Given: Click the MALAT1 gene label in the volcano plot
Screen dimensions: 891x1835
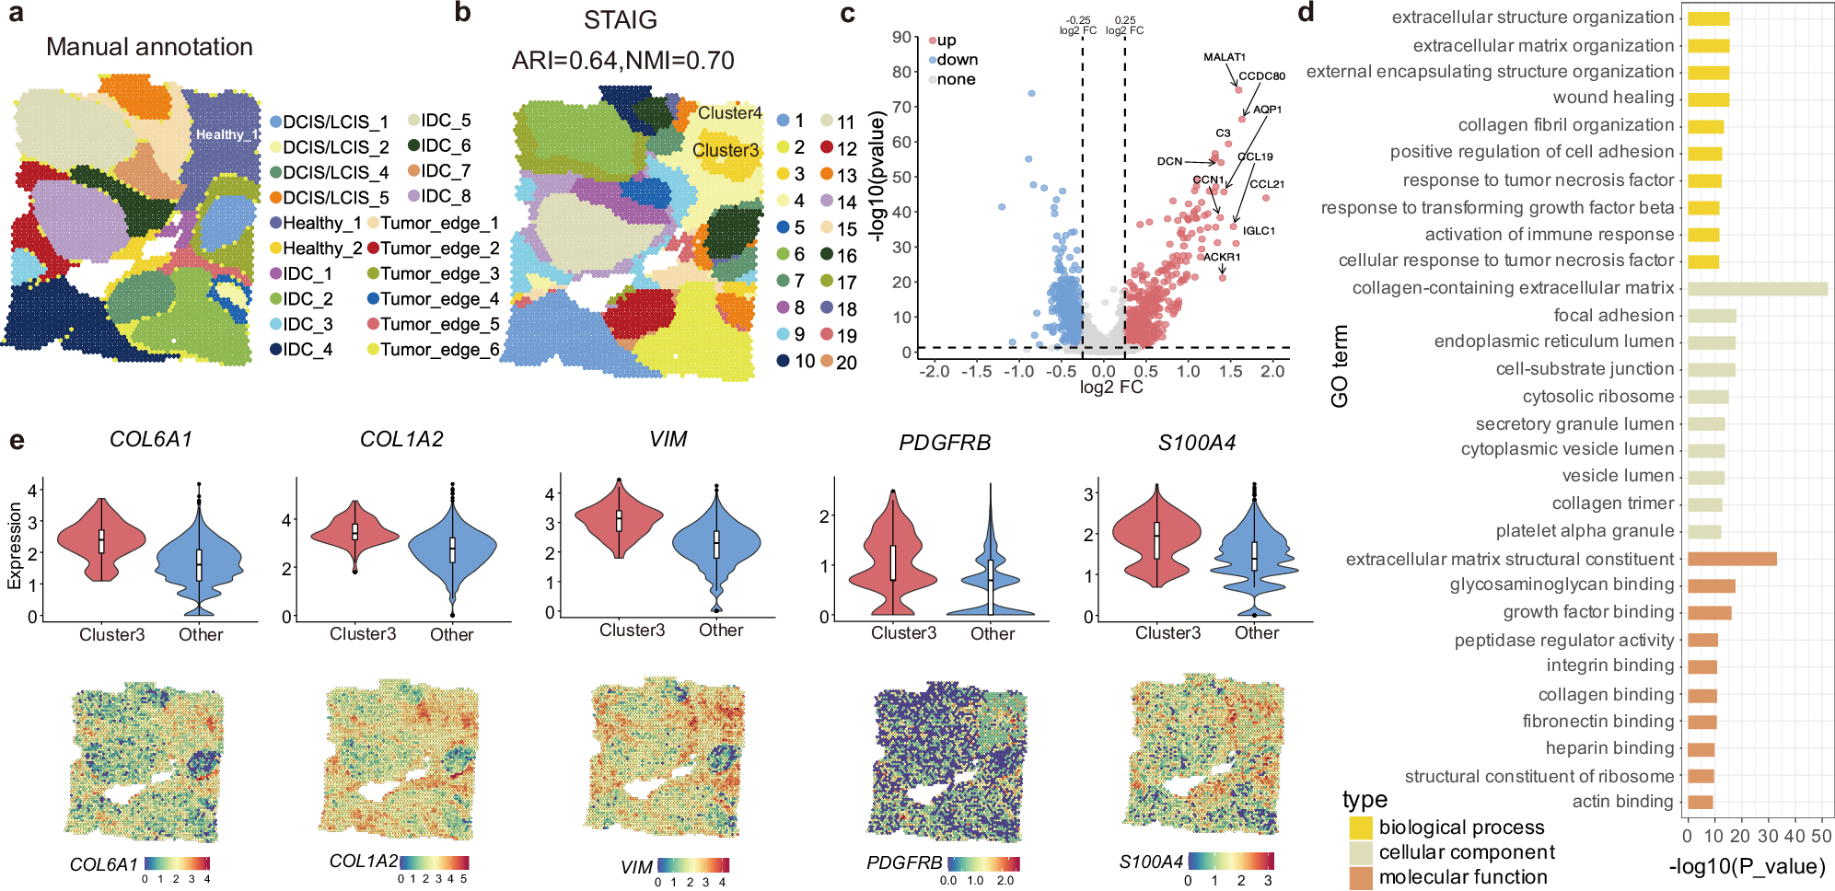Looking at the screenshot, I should coord(1224,57).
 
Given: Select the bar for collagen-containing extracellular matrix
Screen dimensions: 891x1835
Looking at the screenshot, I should coord(1757,288).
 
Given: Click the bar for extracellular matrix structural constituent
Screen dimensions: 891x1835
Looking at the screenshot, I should coord(1731,559).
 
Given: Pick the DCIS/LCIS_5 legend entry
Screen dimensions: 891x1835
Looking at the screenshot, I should coord(329,198).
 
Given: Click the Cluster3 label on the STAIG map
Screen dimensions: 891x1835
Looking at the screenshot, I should coord(726,150).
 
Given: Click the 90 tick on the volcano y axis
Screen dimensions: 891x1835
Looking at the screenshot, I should coord(901,38).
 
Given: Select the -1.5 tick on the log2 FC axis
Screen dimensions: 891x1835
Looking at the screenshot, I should coord(976,371).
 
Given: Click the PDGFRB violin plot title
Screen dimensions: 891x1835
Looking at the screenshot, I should coord(945,443).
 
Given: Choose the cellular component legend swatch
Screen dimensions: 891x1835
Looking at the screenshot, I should coord(1361,853).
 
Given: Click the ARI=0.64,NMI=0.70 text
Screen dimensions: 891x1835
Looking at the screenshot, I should coord(622,61).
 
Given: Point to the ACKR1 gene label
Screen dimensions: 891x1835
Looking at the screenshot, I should coord(1222,257).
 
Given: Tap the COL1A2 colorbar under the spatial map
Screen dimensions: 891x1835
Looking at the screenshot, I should coord(433,862).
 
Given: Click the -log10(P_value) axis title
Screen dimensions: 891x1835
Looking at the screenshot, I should coord(1746,866).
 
